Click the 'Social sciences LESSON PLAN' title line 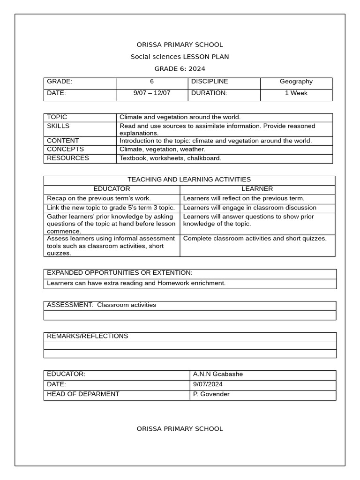pos(180,57)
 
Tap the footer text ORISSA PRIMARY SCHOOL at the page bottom pos(180,428)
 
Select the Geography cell pos(296,82)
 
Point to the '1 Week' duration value pos(296,93)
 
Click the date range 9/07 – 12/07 pos(152,93)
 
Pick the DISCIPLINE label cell pos(209,82)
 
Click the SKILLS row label pos(58,126)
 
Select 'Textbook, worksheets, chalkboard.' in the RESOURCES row pos(170,158)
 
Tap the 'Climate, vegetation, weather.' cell pos(162,149)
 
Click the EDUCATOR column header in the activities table pos(112,189)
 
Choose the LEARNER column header pos(257,189)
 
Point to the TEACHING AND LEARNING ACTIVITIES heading pos(189,180)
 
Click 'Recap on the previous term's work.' pos(98,198)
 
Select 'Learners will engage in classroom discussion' pos(249,208)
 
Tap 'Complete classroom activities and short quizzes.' pos(255,239)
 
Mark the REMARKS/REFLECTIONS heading pos(87,336)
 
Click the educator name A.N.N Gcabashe pos(218,374)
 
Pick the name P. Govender pos(211,394)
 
